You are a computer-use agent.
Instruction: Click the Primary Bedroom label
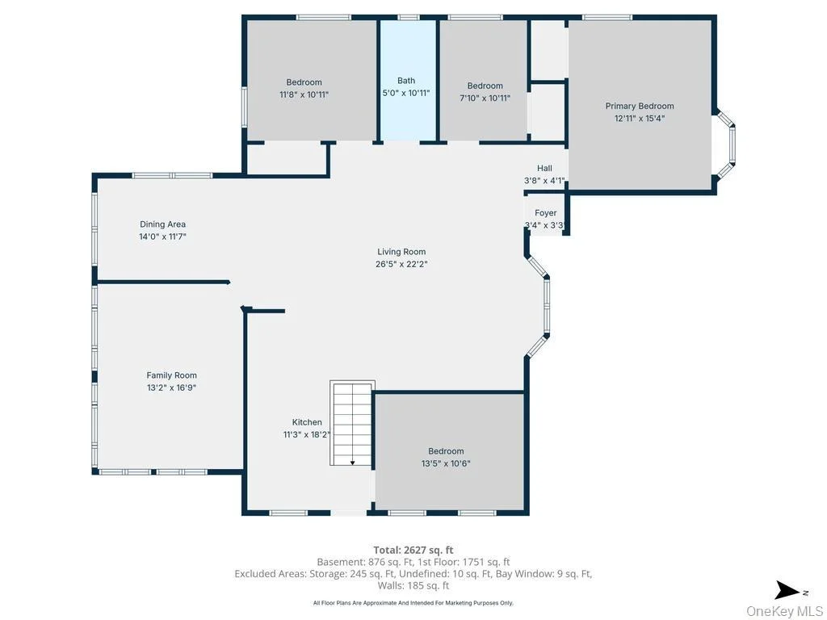point(640,106)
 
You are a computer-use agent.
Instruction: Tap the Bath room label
point(406,81)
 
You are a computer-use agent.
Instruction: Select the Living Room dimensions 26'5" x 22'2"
point(401,264)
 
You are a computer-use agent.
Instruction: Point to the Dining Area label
point(162,224)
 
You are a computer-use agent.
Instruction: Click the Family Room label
point(171,375)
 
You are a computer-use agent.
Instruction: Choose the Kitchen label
point(307,422)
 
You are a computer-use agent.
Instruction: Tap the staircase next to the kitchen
point(352,423)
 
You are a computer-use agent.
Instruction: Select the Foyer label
point(545,213)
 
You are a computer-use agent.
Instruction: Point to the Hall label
point(545,168)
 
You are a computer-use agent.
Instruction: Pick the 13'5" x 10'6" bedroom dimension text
point(446,464)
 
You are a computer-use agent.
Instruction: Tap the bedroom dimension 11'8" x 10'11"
point(304,95)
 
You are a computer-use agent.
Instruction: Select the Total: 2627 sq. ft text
point(413,551)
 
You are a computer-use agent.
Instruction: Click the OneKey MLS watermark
point(784,611)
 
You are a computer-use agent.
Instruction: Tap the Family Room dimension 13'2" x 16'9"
point(171,388)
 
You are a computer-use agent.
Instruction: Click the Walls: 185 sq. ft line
point(413,585)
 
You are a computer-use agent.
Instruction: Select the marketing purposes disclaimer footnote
point(413,602)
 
